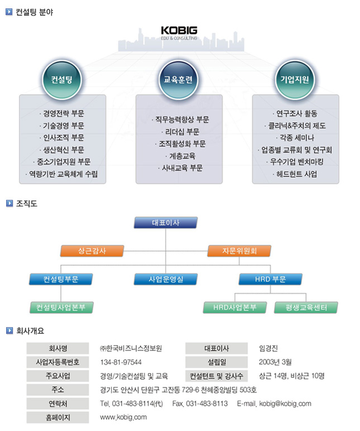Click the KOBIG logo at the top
tap(179, 33)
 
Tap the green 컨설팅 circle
tap(62, 80)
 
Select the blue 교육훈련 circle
tap(179, 80)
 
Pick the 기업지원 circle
tap(295, 80)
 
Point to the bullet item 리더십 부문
tap(181, 132)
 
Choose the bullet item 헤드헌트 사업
tap(295, 174)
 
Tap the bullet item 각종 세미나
tap(295, 138)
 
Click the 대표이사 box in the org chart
tap(166, 223)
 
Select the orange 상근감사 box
tap(92, 251)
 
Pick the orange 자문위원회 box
tap(239, 251)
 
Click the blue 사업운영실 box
tap(166, 279)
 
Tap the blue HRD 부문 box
tap(270, 279)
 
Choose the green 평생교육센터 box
tap(306, 308)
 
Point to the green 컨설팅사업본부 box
tap(61, 308)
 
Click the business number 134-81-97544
tap(121, 362)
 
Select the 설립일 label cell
tap(217, 362)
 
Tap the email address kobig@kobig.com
tap(285, 404)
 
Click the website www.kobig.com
tap(123, 417)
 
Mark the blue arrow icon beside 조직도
tap(9, 203)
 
